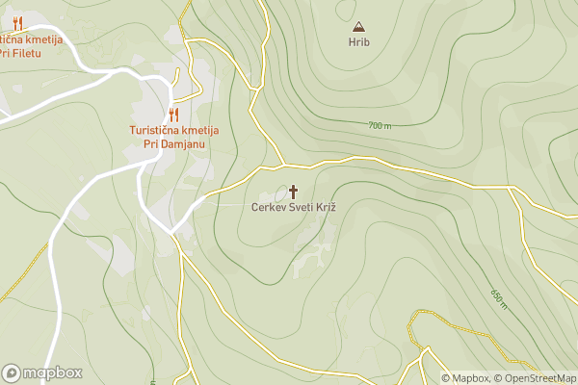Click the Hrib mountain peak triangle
pyautogui.click(x=358, y=27)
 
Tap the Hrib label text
pyautogui.click(x=358, y=41)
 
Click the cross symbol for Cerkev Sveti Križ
pyautogui.click(x=293, y=191)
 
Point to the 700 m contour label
pyautogui.click(x=380, y=126)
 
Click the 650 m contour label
pyautogui.click(x=498, y=298)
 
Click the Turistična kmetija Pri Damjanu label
pyautogui.click(x=174, y=137)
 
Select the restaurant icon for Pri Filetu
pyautogui.click(x=17, y=24)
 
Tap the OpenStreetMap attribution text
pyautogui.click(x=536, y=378)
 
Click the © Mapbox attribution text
pyautogui.click(x=465, y=378)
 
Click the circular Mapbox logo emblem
pyautogui.click(x=12, y=372)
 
